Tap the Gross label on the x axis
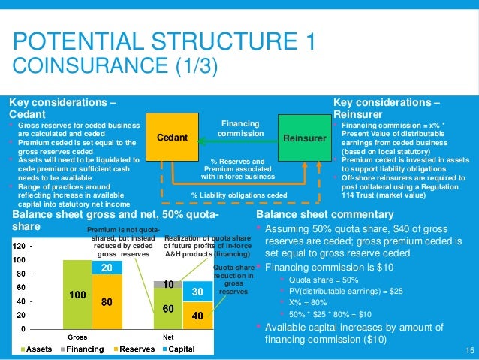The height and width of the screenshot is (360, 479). click(78, 337)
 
